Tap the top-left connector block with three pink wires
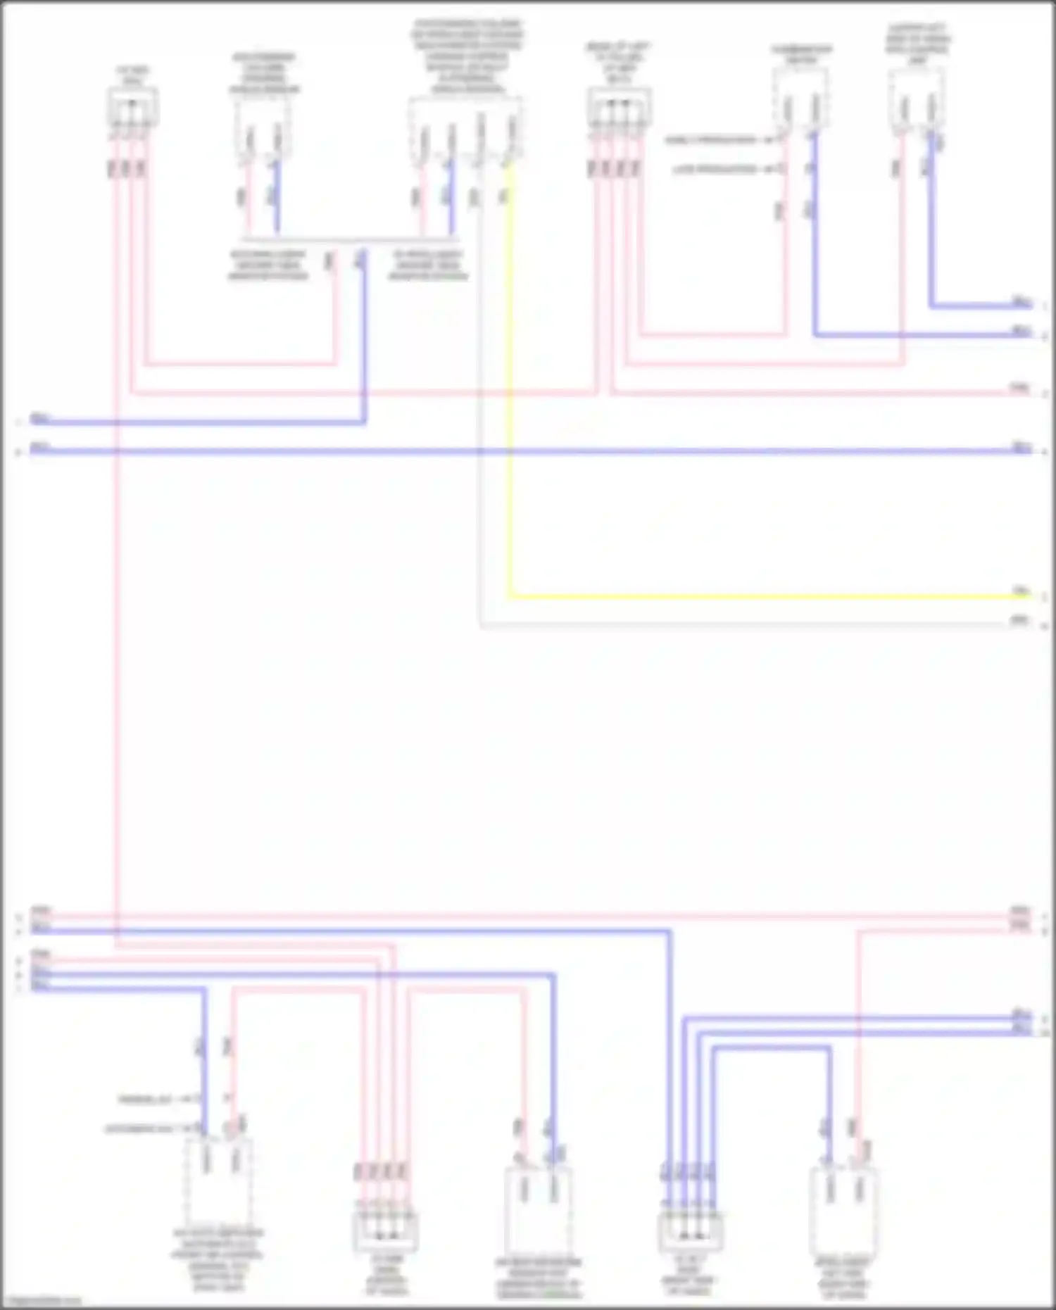(x=132, y=108)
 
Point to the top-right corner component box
(x=917, y=101)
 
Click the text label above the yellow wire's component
(x=467, y=57)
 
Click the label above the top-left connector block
(x=132, y=76)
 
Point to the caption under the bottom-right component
(x=843, y=1278)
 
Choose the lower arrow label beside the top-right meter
(x=722, y=170)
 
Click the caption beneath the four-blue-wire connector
(x=689, y=1276)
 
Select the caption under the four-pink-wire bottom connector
(x=386, y=1276)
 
